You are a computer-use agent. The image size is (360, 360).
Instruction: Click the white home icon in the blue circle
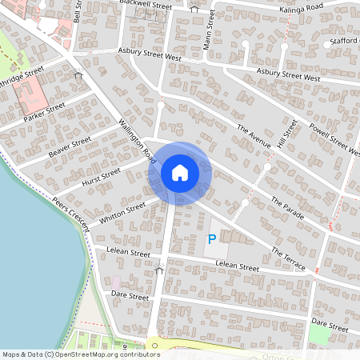click(x=180, y=172)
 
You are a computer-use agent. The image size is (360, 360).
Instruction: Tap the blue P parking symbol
click(x=212, y=239)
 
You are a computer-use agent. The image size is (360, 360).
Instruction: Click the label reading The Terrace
click(x=288, y=257)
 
